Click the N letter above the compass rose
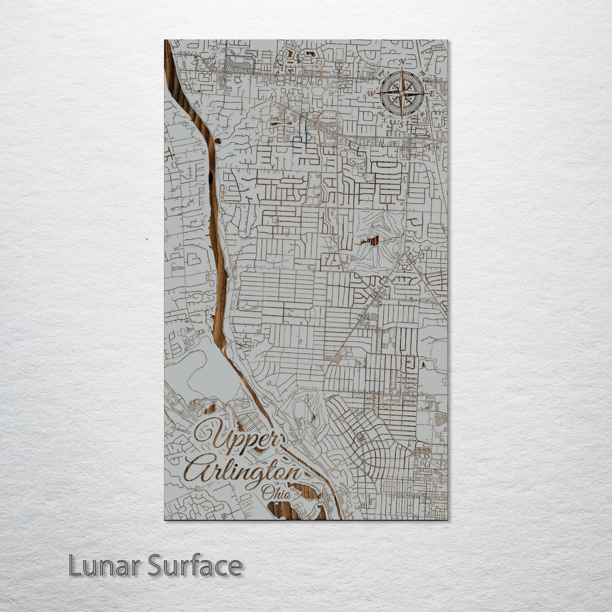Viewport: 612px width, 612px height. pos(402,62)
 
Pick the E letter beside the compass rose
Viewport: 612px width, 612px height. pos(432,93)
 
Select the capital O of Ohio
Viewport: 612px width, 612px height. pos(266,493)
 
